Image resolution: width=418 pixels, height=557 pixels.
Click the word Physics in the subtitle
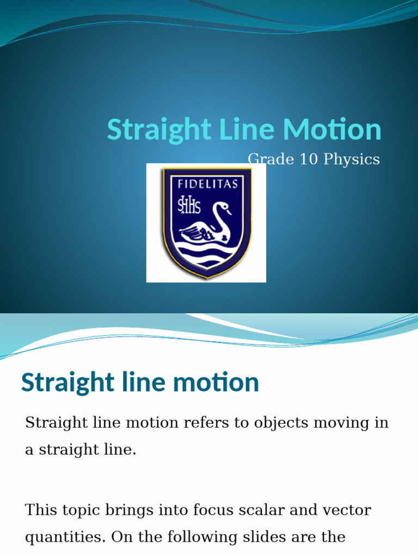click(352, 159)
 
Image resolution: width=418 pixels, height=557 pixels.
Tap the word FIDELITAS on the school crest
click(207, 183)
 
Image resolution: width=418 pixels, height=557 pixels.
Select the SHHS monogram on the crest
click(189, 206)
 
